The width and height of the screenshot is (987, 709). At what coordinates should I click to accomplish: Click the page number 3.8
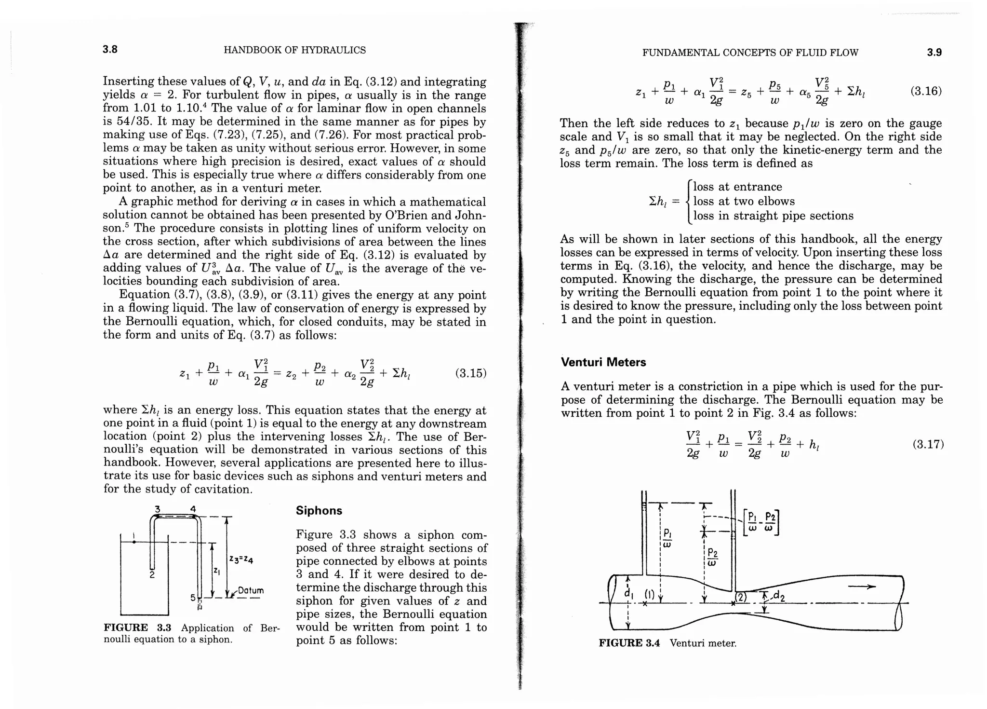pyautogui.click(x=110, y=50)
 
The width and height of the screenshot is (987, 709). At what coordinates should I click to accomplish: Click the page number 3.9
pyautogui.click(x=934, y=53)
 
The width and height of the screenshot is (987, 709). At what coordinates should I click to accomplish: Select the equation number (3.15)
pyautogui.click(x=470, y=373)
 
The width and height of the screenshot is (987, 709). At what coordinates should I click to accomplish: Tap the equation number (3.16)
pyautogui.click(x=926, y=91)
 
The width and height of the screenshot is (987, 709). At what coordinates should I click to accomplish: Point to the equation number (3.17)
pyautogui.click(x=928, y=444)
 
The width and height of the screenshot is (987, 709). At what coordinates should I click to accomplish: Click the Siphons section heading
pyautogui.click(x=319, y=510)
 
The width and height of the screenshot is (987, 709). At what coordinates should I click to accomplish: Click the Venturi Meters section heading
pyautogui.click(x=603, y=362)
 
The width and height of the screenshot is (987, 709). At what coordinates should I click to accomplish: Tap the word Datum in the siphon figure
pyautogui.click(x=251, y=590)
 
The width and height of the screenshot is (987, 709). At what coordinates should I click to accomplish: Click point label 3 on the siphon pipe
pyautogui.click(x=157, y=509)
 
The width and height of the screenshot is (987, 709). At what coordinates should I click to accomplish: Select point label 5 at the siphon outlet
pyautogui.click(x=193, y=598)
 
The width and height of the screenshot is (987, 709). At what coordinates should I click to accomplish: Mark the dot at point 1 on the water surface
pyautogui.click(x=134, y=542)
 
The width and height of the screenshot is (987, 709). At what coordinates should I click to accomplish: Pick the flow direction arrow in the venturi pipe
pyautogui.click(x=861, y=586)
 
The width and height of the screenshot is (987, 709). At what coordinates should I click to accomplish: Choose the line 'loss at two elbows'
pyautogui.click(x=744, y=201)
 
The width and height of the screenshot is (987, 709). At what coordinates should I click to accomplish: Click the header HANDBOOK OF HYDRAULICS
pyautogui.click(x=294, y=50)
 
